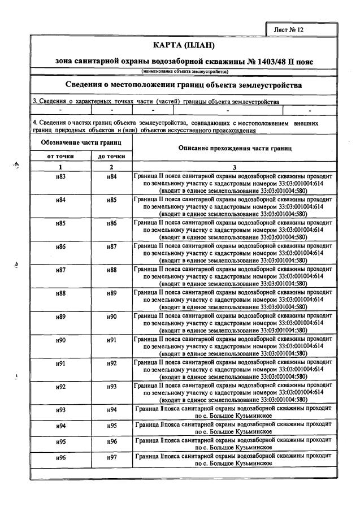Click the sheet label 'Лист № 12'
click(x=289, y=29)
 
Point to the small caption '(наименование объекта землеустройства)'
click(x=184, y=72)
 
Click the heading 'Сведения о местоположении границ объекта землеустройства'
click(x=183, y=85)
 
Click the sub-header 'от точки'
click(x=60, y=156)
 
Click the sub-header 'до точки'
click(x=111, y=156)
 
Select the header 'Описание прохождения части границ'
click(x=235, y=149)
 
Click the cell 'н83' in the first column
click(x=60, y=177)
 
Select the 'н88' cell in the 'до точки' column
click(x=112, y=270)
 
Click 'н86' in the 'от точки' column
click(x=60, y=247)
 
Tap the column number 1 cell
click(x=60, y=167)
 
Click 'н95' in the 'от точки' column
click(x=60, y=441)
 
